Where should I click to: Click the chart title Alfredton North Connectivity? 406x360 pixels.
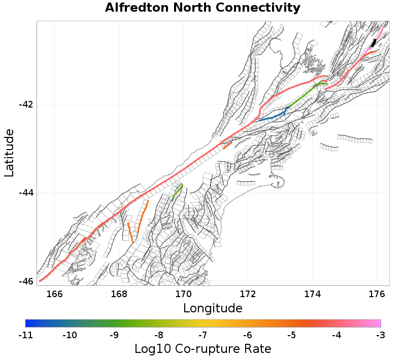202,8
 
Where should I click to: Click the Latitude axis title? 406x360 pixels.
9,153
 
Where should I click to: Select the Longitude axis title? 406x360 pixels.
213,308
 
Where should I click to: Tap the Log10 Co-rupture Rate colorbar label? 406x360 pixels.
202,349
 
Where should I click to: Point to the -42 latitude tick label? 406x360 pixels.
25,104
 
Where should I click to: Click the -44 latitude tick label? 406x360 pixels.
25,193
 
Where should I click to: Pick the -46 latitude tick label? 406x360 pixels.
25,281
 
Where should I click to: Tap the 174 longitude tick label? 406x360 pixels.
312,294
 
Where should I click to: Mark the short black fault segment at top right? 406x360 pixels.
374,43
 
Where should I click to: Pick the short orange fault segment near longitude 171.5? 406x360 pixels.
227,145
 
